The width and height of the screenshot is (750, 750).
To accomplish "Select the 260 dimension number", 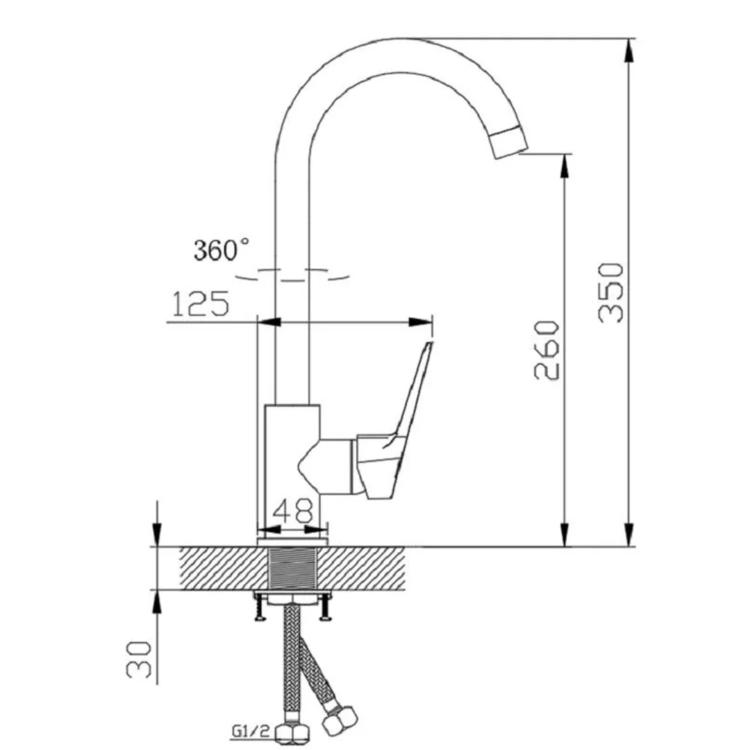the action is coord(547,351).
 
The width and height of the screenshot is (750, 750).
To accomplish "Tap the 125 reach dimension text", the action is coord(201,303).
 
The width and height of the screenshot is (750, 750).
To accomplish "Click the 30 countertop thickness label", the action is coord(139,660).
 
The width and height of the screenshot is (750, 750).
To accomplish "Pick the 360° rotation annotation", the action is coord(222,250).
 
